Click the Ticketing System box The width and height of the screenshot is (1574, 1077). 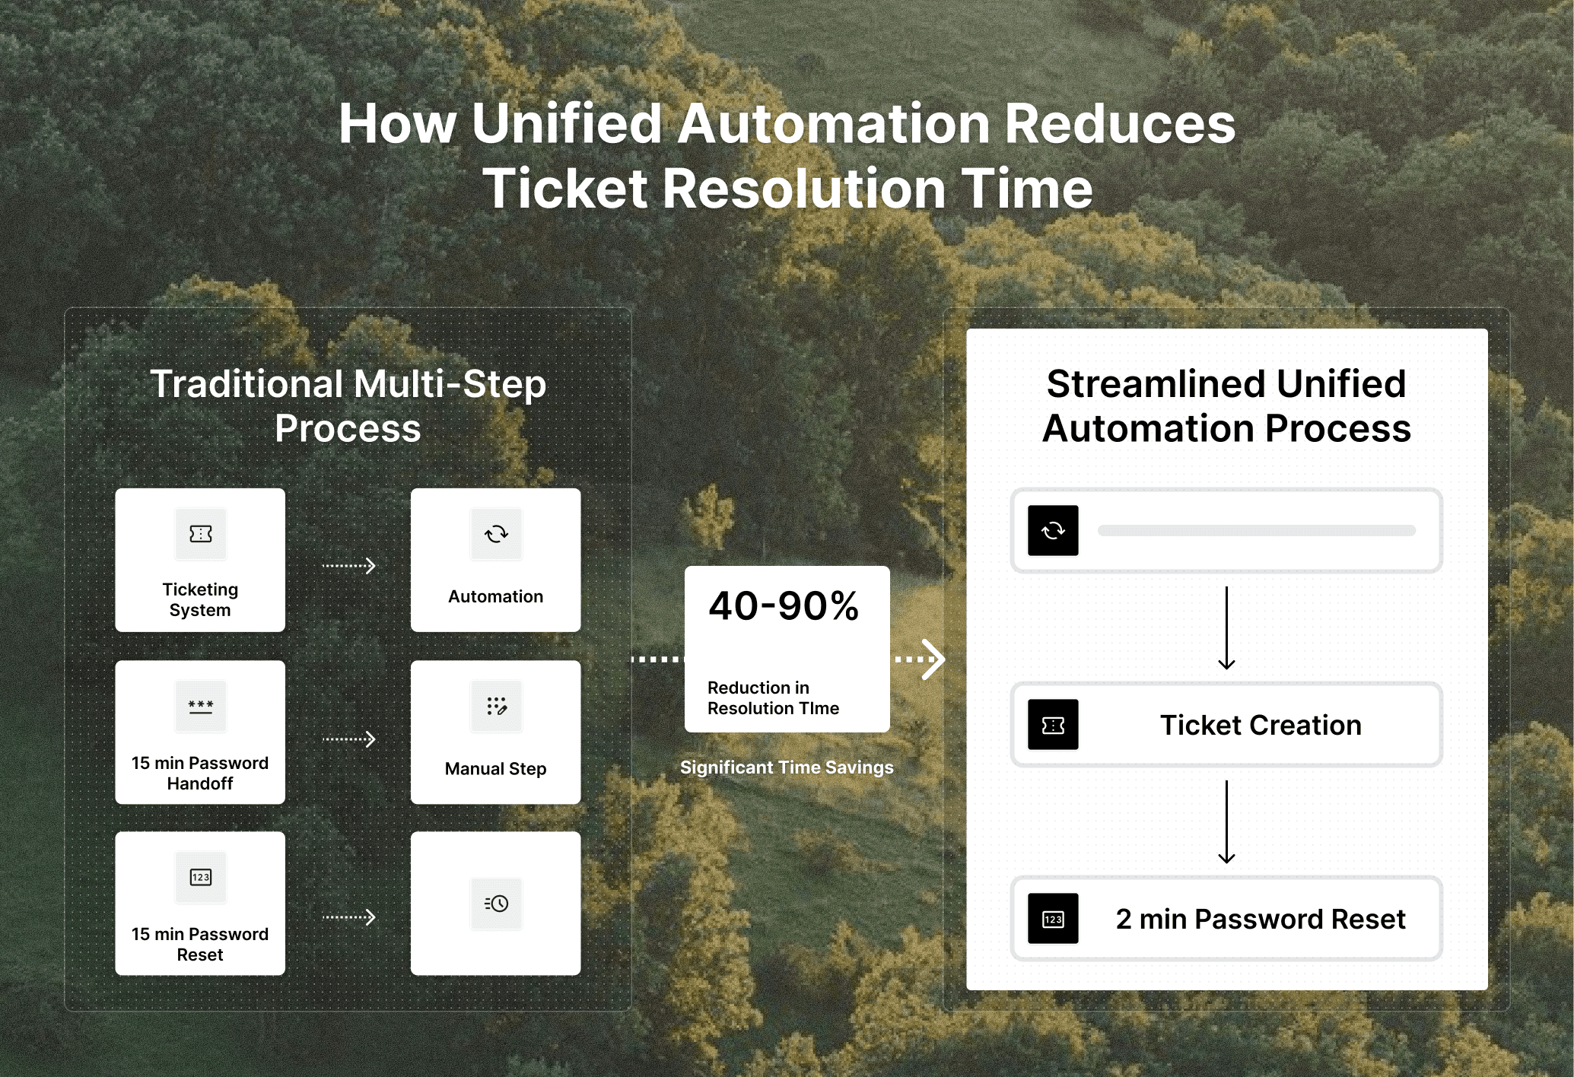200,560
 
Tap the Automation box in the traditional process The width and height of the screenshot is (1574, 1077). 495,560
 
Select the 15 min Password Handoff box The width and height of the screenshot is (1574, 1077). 200,732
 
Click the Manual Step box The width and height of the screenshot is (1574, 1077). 495,732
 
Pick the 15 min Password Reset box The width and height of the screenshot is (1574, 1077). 200,903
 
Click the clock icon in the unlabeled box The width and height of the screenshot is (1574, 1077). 496,904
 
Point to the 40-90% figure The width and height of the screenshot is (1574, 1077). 784,606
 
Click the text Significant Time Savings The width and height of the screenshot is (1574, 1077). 787,767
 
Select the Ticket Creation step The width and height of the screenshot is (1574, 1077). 1226,725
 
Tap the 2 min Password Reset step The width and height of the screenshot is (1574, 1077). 1226,919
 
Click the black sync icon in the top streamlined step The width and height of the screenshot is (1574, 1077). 1053,530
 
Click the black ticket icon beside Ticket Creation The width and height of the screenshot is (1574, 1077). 1053,725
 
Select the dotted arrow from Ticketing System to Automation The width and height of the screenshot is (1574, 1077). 348,566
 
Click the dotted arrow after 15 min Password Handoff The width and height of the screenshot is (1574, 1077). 348,739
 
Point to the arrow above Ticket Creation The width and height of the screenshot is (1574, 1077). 1226,627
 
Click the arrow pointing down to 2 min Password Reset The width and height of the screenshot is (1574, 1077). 1226,821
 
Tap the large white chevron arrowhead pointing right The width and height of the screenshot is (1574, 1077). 933,659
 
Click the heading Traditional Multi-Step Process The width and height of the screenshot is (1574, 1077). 348,405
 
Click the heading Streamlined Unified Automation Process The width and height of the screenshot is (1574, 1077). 1226,405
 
